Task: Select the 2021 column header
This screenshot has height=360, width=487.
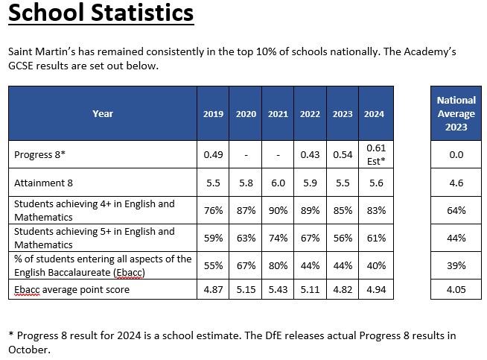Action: [x=278, y=114]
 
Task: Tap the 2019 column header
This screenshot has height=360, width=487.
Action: [x=213, y=114]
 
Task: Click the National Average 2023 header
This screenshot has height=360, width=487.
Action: [x=456, y=113]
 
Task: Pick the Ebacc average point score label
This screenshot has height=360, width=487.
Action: [x=72, y=289]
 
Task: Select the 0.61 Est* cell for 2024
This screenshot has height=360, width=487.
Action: [x=375, y=154]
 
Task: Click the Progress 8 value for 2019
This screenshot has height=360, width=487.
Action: [x=213, y=155]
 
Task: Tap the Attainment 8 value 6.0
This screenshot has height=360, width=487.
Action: [x=278, y=183]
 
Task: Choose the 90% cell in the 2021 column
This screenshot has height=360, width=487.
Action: [x=278, y=210]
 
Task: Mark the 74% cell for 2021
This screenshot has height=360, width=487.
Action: [x=278, y=238]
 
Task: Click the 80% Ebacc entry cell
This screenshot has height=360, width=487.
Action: [x=278, y=265]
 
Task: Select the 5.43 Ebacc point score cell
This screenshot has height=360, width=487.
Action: [x=278, y=289]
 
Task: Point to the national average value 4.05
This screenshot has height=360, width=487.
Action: [x=456, y=289]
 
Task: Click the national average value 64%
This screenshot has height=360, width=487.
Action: [x=456, y=210]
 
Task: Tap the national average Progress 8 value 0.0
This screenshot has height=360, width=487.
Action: [x=456, y=155]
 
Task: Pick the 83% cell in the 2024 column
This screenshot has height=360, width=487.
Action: [x=375, y=210]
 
